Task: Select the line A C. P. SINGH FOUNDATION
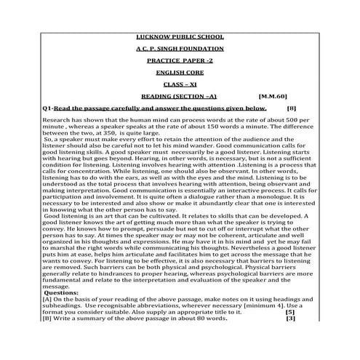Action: pos(180,51)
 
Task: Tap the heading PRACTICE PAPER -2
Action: pos(180,65)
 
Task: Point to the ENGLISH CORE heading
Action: pos(180,80)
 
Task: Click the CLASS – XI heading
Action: pos(180,95)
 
